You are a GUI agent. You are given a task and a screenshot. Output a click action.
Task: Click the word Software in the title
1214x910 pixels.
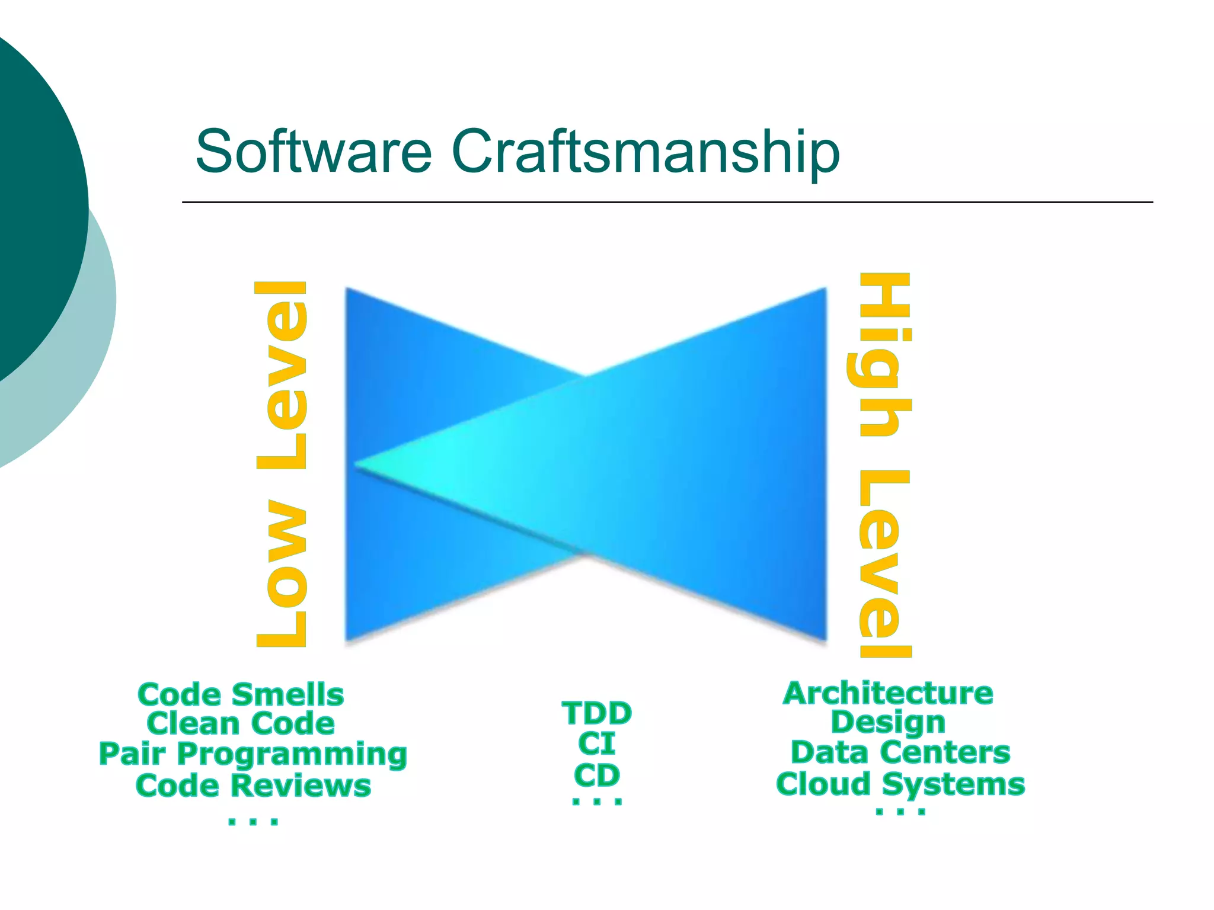pyautogui.click(x=314, y=152)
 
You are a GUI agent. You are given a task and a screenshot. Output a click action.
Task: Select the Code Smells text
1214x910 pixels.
pyautogui.click(x=241, y=694)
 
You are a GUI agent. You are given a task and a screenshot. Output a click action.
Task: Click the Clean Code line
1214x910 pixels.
pyautogui.click(x=241, y=724)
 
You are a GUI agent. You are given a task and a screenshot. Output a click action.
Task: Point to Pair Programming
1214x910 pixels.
pyautogui.click(x=253, y=755)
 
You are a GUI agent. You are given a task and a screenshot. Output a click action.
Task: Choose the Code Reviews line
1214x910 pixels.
pyautogui.click(x=253, y=786)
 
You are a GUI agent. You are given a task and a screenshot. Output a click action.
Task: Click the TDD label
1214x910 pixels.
pyautogui.click(x=597, y=713)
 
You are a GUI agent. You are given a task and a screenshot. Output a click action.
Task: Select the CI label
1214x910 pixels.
pyautogui.click(x=597, y=744)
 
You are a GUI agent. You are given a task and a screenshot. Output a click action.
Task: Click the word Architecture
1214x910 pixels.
pyautogui.click(x=888, y=693)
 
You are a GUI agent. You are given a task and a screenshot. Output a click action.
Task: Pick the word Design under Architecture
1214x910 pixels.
pyautogui.click(x=888, y=722)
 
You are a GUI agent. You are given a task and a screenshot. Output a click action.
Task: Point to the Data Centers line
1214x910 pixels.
pyautogui.click(x=900, y=753)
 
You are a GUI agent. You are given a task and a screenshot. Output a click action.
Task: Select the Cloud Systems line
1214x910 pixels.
pyautogui.click(x=900, y=784)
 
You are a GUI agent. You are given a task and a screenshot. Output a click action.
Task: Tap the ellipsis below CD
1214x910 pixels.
pyautogui.click(x=597, y=802)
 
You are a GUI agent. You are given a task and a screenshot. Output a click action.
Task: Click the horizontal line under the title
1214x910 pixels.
pyautogui.click(x=667, y=203)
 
